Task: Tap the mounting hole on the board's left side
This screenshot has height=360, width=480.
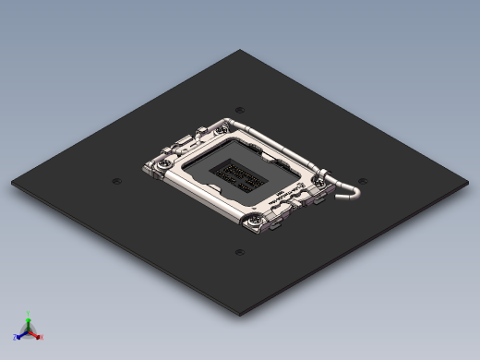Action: pos(116,181)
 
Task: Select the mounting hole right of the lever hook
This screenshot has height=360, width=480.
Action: pos(363,181)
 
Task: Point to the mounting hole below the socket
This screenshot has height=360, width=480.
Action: pos(239,251)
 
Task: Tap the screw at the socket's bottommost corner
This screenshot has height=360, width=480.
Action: pos(256,219)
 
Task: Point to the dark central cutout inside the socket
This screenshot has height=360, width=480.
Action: pos(240,172)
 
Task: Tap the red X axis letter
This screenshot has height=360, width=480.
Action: pos(42,337)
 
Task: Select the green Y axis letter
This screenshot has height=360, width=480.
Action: pos(29,313)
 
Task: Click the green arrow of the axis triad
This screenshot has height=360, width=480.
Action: pos(29,320)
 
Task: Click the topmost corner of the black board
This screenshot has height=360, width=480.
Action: pos(241,50)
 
